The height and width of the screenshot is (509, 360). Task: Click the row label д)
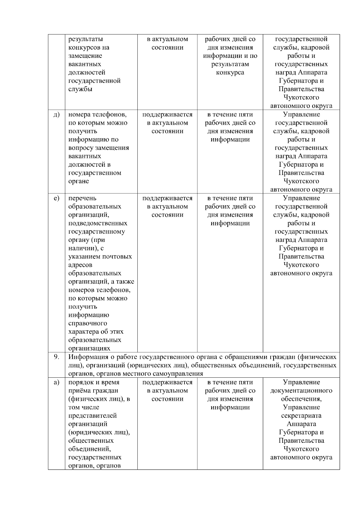[x=56, y=115]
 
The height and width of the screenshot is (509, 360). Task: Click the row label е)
[x=56, y=198]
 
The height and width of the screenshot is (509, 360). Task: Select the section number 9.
[x=56, y=357]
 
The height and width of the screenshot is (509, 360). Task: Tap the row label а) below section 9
[x=56, y=382]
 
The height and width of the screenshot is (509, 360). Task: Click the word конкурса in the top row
[x=230, y=73]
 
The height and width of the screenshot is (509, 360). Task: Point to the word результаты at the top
[x=85, y=39]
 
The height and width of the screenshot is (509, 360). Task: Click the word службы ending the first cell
[x=80, y=89]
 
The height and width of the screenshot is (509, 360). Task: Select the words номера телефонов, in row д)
[x=98, y=115]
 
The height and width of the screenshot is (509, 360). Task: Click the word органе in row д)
[x=79, y=181]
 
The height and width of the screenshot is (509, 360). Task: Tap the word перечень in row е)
[x=82, y=198]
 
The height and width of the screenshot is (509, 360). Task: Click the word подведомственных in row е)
[x=98, y=223]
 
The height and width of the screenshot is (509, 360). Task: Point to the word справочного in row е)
[x=88, y=323]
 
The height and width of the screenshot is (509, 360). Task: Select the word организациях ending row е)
[x=89, y=348]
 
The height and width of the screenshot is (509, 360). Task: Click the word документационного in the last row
[x=301, y=391]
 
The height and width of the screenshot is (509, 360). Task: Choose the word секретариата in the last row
[x=301, y=416]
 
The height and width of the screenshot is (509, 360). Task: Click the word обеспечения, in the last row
[x=301, y=399]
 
